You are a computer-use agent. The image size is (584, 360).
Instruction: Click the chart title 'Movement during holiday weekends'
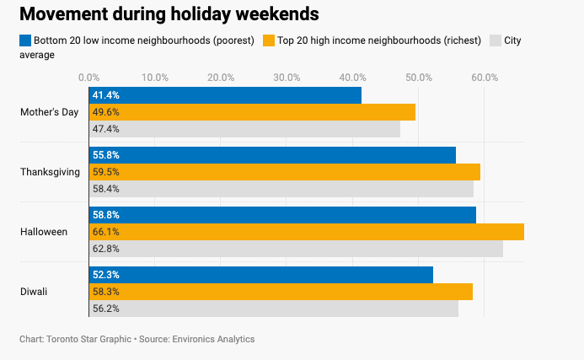169,14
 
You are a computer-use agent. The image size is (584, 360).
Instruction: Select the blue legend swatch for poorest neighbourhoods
25,40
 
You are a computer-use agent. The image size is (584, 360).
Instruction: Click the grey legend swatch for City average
495,40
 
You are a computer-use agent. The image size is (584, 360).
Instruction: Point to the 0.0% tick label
88,78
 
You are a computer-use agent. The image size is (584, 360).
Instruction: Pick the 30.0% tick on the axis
287,78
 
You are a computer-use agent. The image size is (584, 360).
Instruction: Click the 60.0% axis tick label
485,78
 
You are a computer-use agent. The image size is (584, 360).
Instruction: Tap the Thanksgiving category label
50,172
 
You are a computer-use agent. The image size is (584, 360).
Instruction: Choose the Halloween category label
44,232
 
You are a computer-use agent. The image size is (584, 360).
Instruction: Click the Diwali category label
34,292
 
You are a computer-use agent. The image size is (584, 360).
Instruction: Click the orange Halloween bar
307,232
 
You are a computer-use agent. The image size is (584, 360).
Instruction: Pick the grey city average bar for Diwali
274,309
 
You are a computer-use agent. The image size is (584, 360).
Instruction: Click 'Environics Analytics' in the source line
213,339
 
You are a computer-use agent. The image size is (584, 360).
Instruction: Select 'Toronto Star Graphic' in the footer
88,339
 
